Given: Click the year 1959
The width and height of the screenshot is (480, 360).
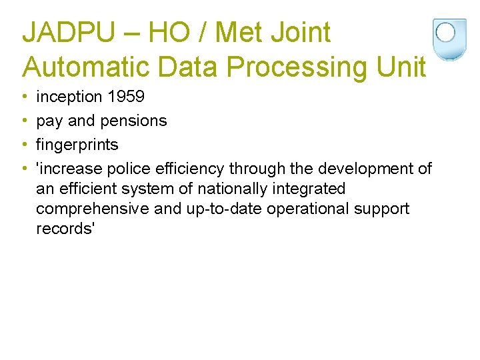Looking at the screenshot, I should [126, 97].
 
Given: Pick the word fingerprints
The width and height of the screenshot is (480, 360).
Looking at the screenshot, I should [77, 145].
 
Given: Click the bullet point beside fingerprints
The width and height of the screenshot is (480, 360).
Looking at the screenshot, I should [25, 145].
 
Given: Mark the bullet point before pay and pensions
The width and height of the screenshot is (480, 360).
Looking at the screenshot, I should [25, 121].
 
